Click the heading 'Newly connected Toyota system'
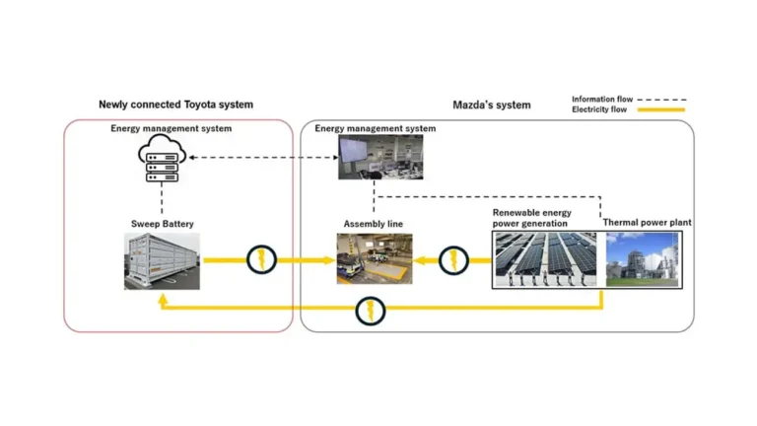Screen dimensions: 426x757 coord(175,105)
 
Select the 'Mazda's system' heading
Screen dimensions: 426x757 coord(491,105)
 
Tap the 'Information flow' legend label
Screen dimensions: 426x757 coord(602,99)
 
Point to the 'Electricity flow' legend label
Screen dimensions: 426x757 coord(600,109)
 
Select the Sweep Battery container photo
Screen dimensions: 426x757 coord(162,261)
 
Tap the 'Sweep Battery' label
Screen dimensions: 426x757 coord(162,224)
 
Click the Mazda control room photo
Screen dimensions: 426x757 coord(380,157)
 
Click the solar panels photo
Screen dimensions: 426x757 coord(543,259)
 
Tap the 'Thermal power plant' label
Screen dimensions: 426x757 coord(647,223)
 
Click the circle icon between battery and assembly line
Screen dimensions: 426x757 coord(261,260)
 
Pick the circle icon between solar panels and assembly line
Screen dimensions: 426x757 coord(452,260)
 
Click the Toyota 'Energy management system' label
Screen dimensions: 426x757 coord(171,128)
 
